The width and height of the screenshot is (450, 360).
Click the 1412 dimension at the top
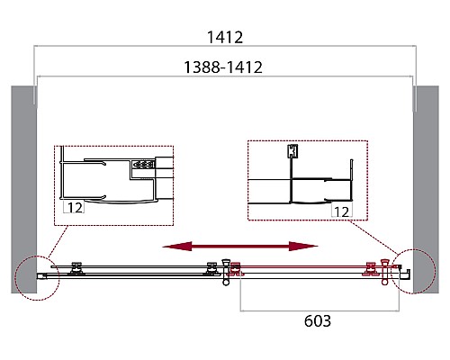pyautogui.click(x=225, y=38)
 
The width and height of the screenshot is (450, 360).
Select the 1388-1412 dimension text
pyautogui.click(x=223, y=67)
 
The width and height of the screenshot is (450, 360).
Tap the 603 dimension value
pyautogui.click(x=318, y=320)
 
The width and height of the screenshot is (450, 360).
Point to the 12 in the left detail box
pyautogui.click(x=75, y=208)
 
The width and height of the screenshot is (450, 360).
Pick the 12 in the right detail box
pyautogui.click(x=341, y=212)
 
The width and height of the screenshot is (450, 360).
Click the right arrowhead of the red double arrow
pyautogui.click(x=303, y=247)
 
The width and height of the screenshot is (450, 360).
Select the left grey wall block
pyautogui.click(x=24, y=190)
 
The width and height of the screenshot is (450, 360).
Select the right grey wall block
pyautogui.click(x=426, y=190)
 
